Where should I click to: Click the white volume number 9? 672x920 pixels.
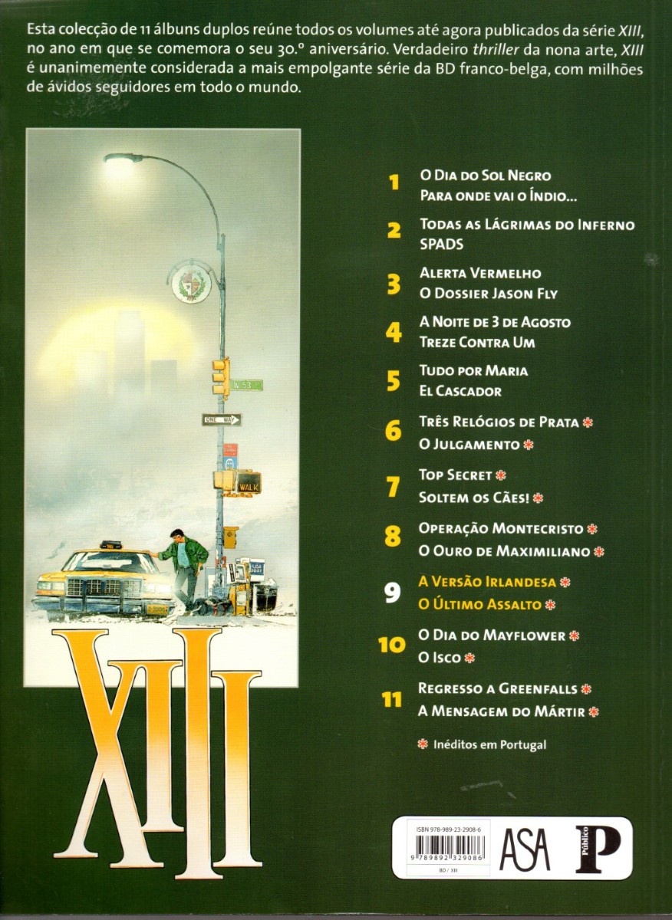(x=393, y=593)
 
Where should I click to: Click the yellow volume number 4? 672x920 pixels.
(x=394, y=333)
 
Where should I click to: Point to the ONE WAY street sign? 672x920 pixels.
(x=222, y=419)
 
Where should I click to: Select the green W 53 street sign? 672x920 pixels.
(x=245, y=385)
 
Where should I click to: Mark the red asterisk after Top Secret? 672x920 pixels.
(x=500, y=475)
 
